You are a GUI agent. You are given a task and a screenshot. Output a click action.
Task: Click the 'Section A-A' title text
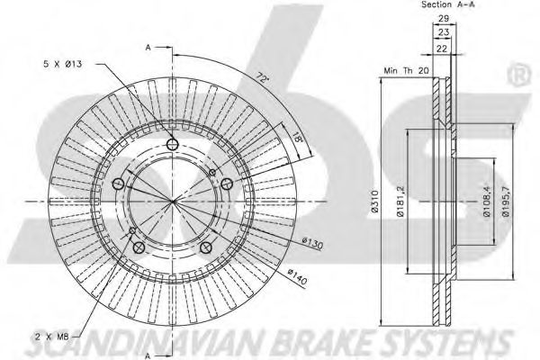tap(448, 4)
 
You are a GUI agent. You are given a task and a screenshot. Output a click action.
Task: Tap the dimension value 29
tap(444, 19)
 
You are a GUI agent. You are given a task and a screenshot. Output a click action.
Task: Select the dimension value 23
tap(444, 32)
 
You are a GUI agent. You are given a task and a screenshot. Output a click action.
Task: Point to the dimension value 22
tap(442, 49)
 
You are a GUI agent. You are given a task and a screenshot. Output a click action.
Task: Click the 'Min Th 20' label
tap(407, 70)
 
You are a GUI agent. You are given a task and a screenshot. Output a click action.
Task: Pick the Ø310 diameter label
tap(375, 202)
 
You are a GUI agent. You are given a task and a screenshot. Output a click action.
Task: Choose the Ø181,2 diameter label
tap(400, 201)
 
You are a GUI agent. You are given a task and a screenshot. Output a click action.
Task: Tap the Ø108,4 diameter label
tap(487, 202)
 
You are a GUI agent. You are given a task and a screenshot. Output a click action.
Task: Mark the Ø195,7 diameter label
tap(506, 202)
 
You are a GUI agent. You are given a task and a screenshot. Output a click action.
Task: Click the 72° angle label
tap(263, 77)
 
